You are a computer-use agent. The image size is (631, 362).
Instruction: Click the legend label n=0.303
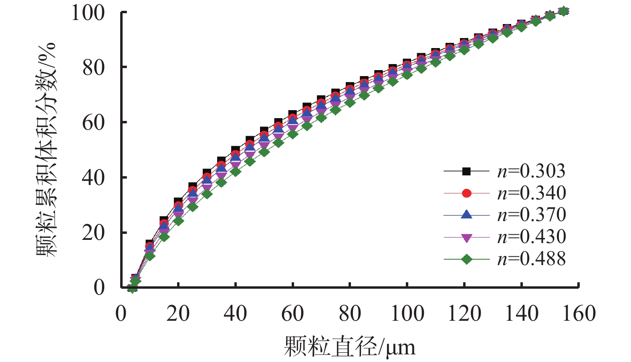[531, 171]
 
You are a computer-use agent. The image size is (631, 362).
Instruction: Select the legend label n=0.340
[531, 193]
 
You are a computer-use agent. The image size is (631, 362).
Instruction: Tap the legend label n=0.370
[531, 215]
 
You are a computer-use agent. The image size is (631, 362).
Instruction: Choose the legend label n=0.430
[531, 237]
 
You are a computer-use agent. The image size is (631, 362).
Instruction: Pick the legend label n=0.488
[531, 259]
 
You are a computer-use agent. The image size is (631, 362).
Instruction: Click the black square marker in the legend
[466, 171]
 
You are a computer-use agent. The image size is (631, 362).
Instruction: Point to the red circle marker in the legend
[466, 193]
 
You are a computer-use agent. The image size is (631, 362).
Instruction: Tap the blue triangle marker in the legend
[466, 215]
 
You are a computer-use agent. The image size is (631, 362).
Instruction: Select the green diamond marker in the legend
[466, 259]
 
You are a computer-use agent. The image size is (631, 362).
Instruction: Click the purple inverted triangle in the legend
[466, 238]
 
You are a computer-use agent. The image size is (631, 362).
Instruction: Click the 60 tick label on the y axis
[94, 123]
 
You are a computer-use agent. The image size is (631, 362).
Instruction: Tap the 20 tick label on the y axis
[94, 233]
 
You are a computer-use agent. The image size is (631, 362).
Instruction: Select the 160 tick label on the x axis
[579, 314]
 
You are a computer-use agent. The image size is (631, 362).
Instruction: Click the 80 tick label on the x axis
[350, 314]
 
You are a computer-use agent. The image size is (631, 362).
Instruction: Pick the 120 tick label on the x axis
[464, 314]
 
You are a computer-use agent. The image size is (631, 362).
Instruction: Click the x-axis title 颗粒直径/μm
[350, 346]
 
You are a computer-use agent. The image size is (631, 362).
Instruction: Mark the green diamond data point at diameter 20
[178, 221]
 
